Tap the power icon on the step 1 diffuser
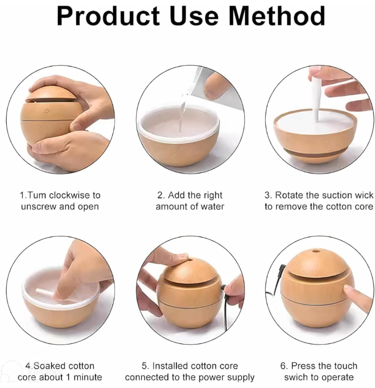coord(47,111)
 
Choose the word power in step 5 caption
coord(204,377)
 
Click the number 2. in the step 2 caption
coord(161,195)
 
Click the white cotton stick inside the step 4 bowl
coord(47,292)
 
